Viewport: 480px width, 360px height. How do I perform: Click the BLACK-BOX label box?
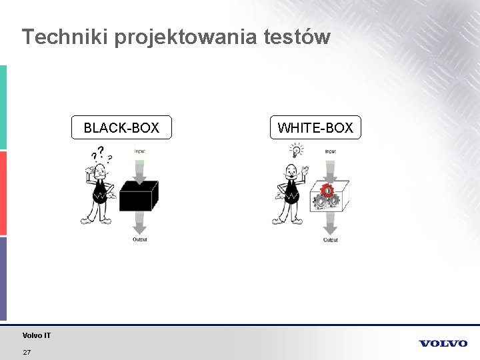click(x=121, y=127)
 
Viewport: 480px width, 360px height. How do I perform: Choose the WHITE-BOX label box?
click(x=315, y=127)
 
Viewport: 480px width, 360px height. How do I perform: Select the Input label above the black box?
click(x=139, y=151)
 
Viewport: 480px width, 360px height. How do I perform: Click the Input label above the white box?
click(x=330, y=151)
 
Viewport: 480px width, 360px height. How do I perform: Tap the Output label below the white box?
click(x=331, y=239)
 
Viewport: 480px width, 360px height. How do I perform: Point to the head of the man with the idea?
click(x=291, y=169)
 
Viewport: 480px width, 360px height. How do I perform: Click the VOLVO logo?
click(x=443, y=343)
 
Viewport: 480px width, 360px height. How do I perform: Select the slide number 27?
click(x=27, y=352)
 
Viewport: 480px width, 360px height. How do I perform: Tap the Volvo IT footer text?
click(x=36, y=335)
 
